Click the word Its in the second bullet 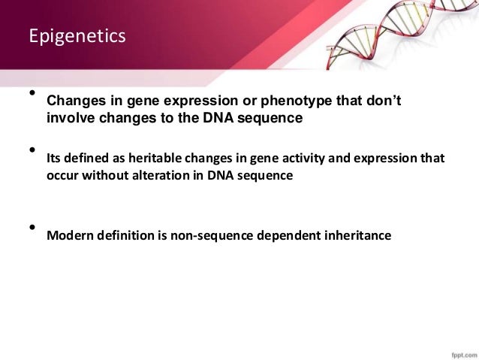(x=53, y=159)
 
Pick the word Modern (x=68, y=235)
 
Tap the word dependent (x=282, y=235)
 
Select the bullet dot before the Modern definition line (x=32, y=227)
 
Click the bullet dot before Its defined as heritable (x=32, y=150)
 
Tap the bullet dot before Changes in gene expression (x=32, y=93)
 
